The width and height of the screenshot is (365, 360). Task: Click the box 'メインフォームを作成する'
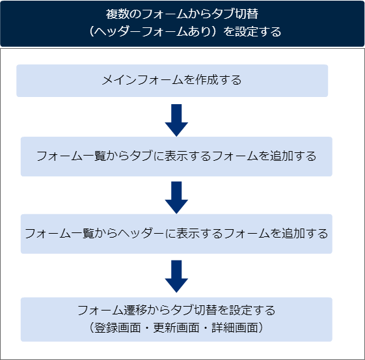click(x=172, y=80)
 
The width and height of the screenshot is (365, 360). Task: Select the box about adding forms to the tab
click(x=176, y=156)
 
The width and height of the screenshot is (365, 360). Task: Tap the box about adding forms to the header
click(x=176, y=233)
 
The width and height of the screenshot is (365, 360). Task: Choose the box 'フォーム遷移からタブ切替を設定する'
click(x=176, y=319)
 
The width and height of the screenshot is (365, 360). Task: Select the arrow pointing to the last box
click(x=176, y=275)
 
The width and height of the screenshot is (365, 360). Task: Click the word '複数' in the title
click(x=115, y=14)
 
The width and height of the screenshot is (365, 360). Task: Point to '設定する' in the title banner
click(x=260, y=31)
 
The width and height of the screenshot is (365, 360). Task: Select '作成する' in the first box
click(x=218, y=80)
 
